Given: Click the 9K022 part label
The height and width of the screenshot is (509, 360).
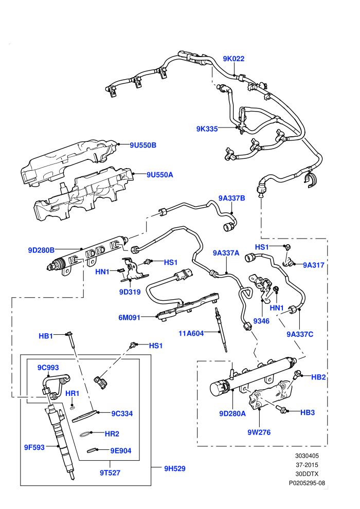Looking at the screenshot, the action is coord(233,59).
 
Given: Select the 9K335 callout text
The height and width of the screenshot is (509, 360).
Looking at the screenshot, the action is coord(207,129).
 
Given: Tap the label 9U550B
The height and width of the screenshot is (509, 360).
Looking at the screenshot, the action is coord(143,145).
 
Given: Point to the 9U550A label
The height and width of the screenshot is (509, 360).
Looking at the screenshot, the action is coord(160,175).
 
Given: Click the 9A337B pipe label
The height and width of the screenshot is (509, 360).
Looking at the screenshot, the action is coord(231,198).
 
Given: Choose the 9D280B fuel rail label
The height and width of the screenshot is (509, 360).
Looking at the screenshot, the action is coord(41,250).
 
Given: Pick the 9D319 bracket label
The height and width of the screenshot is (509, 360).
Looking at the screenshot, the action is coord(130,292).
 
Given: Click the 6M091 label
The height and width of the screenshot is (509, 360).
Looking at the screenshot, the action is coord(129,317).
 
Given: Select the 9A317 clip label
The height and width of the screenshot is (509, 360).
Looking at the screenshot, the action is coord(314,265).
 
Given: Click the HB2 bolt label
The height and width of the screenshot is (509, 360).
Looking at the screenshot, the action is coord(318,377).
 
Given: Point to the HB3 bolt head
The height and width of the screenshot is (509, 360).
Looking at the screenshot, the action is coord(280,409).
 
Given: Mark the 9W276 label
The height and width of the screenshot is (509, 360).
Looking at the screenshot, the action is coord(259,432).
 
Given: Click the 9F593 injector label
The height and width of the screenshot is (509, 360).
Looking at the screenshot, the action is coord(34,447).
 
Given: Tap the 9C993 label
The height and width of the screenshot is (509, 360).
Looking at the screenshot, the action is coord(48,368).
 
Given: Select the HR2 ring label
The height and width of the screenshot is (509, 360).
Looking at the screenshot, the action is coord(112,434).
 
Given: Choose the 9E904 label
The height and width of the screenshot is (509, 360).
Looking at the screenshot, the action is coord(121,450).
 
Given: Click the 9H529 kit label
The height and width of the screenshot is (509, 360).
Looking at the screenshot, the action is coord(175,468).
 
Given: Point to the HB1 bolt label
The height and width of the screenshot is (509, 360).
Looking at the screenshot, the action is coord(46,336).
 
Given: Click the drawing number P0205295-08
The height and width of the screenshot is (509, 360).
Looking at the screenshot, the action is coord(307,483).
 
